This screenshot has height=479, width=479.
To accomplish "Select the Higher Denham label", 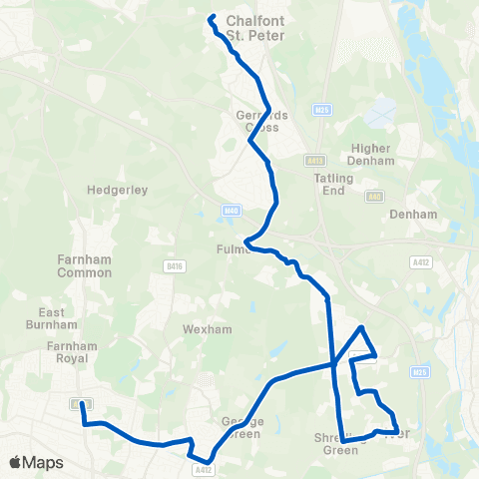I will (372, 154).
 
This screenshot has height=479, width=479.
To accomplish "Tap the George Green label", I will (239, 428).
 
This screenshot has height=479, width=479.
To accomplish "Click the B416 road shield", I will (174, 265).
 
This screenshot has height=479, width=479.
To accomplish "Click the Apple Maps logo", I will (36, 462).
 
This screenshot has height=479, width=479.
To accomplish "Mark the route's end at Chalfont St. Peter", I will (212, 17).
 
